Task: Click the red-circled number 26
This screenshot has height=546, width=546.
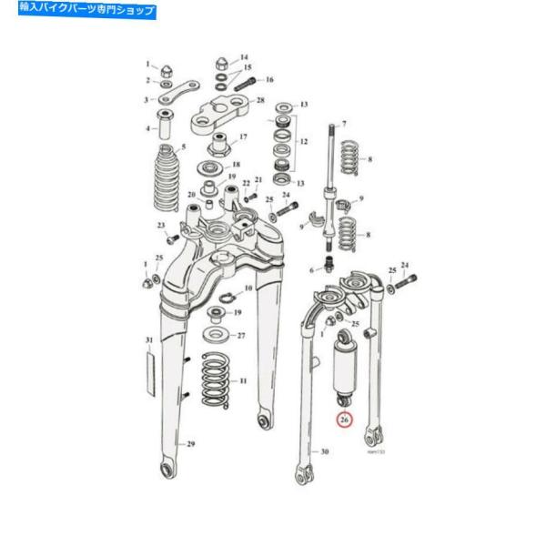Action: (x=344, y=420)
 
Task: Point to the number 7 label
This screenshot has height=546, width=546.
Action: (x=344, y=124)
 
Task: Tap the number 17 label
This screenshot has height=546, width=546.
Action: (x=243, y=138)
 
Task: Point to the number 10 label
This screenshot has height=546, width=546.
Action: (x=248, y=288)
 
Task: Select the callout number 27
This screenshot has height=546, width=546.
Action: (x=241, y=335)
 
